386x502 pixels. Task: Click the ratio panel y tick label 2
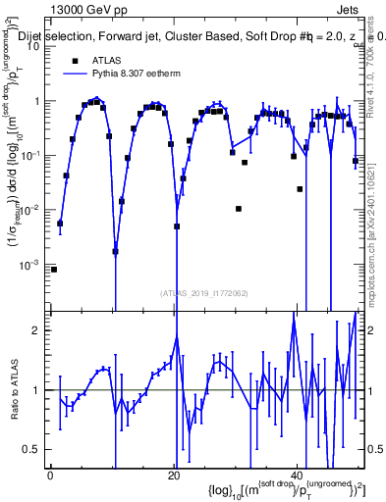coord(36,330)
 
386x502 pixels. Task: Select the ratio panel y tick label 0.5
coord(32,449)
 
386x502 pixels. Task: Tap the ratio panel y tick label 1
coord(36,390)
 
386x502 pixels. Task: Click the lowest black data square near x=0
coord(54,269)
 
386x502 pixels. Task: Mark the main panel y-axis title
coord(17,196)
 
